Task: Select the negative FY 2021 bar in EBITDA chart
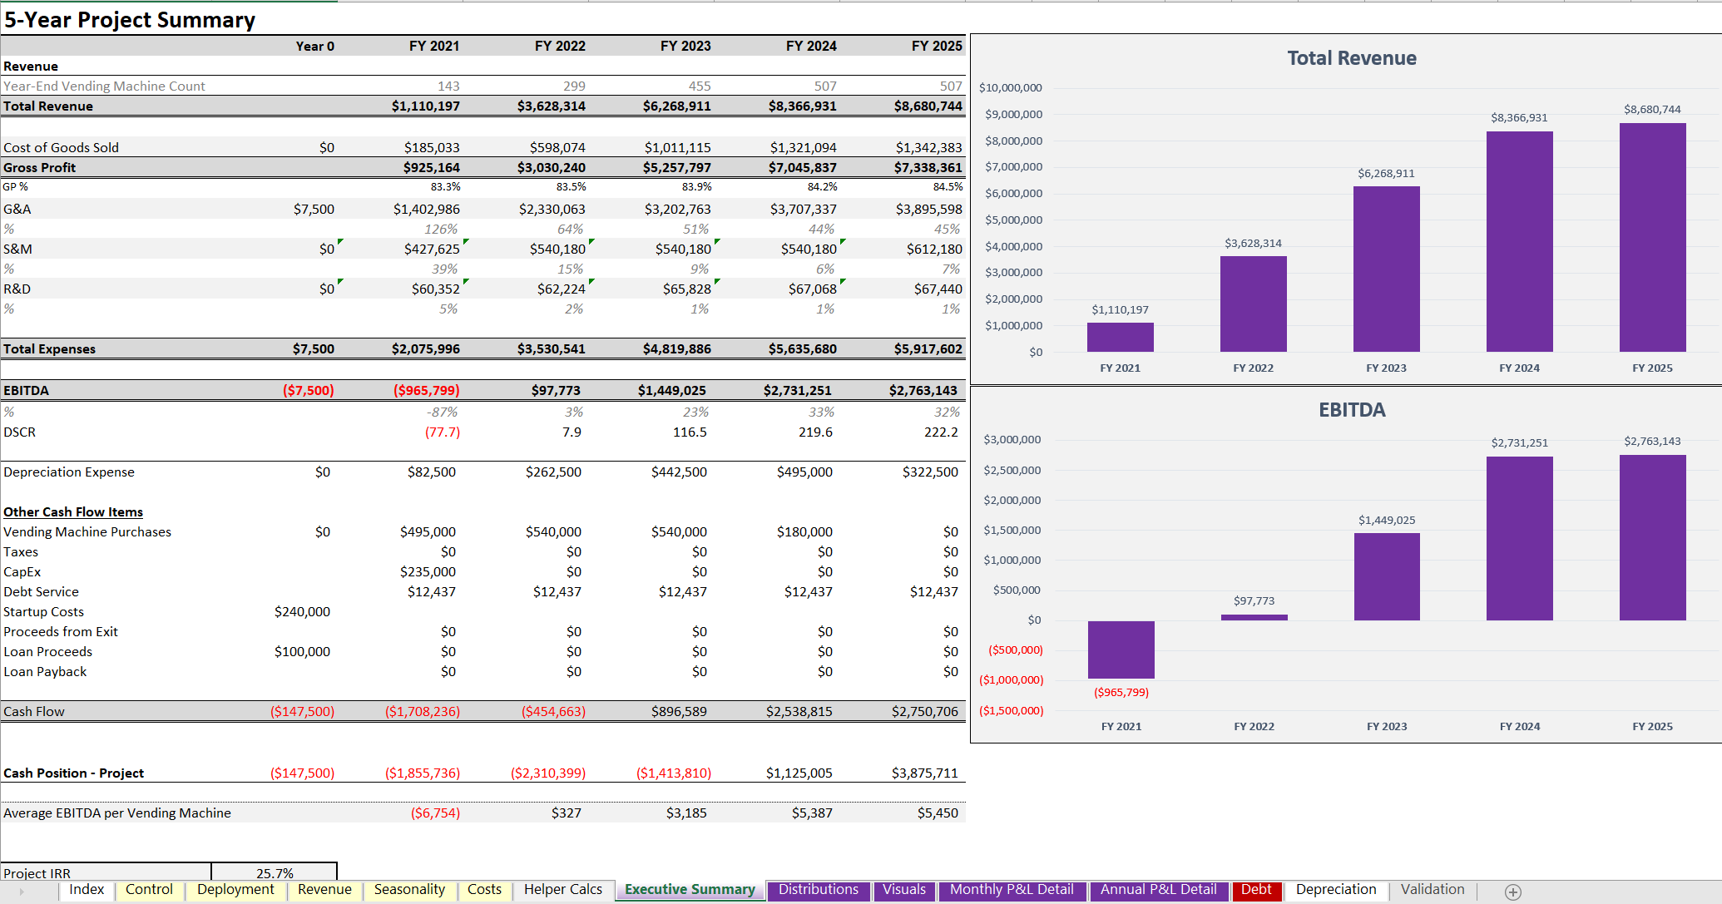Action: tap(1121, 650)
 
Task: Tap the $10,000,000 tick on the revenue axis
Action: tap(1010, 87)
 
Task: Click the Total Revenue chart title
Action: tap(1351, 58)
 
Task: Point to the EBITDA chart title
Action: tap(1351, 410)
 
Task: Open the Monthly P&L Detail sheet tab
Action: tap(1011, 890)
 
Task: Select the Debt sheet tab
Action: tap(1255, 890)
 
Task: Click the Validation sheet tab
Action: tap(1432, 890)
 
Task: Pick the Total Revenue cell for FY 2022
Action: tap(551, 106)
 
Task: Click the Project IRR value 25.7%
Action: tap(275, 873)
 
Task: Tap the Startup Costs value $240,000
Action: tap(302, 612)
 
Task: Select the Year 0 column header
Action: tap(314, 47)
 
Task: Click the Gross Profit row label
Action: tap(39, 168)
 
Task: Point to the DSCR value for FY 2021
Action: tap(442, 432)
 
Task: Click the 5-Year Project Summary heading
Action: tap(130, 20)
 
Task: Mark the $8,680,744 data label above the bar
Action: tap(1651, 110)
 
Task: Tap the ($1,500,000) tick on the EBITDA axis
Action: tap(1011, 711)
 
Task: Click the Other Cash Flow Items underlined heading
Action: tap(73, 512)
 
